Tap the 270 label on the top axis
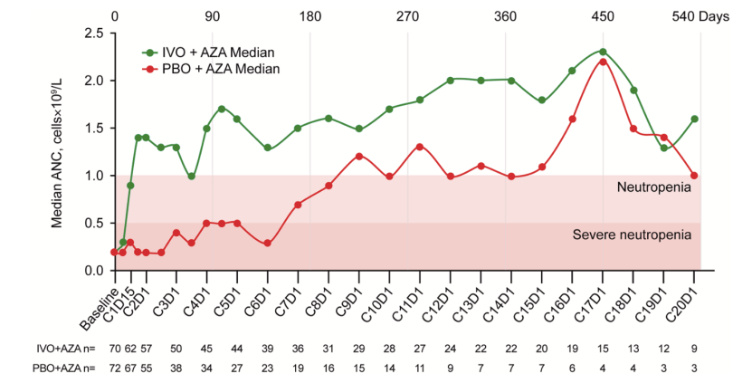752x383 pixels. (x=407, y=15)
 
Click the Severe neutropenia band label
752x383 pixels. (x=632, y=235)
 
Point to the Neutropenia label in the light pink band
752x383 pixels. (x=654, y=187)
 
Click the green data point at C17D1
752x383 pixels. (x=603, y=52)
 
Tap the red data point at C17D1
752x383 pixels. (x=603, y=62)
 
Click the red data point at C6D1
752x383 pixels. (x=268, y=243)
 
